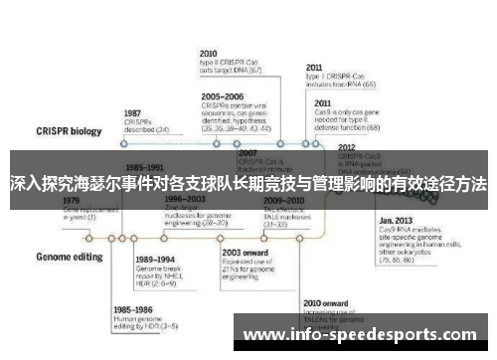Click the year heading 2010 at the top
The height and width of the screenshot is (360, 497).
coord(209,53)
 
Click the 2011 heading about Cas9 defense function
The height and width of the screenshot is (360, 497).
coord(323,102)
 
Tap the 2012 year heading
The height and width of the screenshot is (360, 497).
coord(348,146)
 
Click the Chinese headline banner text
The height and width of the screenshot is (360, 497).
coord(248,184)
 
